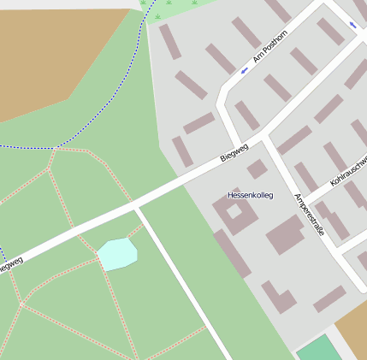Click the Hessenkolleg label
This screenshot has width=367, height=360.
click(250, 196)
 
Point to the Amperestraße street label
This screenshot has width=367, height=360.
click(308, 215)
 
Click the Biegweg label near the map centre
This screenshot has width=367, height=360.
click(234, 152)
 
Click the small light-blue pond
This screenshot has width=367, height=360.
click(117, 254)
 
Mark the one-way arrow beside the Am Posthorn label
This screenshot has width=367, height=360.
click(245, 71)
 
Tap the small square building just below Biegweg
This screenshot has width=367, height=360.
click(257, 169)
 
